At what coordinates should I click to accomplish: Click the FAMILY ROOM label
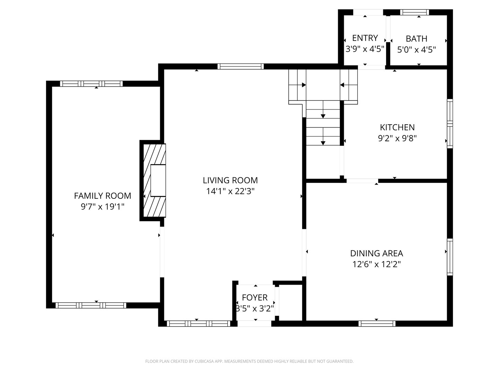coord(103,196)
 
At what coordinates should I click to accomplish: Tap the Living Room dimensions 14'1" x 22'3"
coord(230,191)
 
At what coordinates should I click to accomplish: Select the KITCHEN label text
coord(397,127)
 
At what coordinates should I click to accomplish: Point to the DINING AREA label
coord(376,253)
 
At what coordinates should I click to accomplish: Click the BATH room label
coord(417,38)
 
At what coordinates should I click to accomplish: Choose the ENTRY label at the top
coord(365,38)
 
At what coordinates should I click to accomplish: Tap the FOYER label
coord(255,297)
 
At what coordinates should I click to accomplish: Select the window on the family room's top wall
coord(91,83)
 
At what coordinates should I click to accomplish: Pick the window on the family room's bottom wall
coord(91,305)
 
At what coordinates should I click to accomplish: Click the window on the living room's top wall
coord(240,66)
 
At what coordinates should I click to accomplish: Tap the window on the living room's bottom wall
coord(198,323)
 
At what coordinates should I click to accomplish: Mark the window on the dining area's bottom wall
coord(377,323)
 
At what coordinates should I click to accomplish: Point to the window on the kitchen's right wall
coord(450,124)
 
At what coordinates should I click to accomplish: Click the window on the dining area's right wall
coord(450,257)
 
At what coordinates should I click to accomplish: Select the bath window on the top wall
coord(414,12)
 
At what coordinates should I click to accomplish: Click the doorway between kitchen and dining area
coord(362,180)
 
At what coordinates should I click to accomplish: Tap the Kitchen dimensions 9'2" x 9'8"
coord(397,139)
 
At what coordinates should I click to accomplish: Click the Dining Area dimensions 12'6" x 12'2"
coord(376,264)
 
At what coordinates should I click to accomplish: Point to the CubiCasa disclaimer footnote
coord(249,361)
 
